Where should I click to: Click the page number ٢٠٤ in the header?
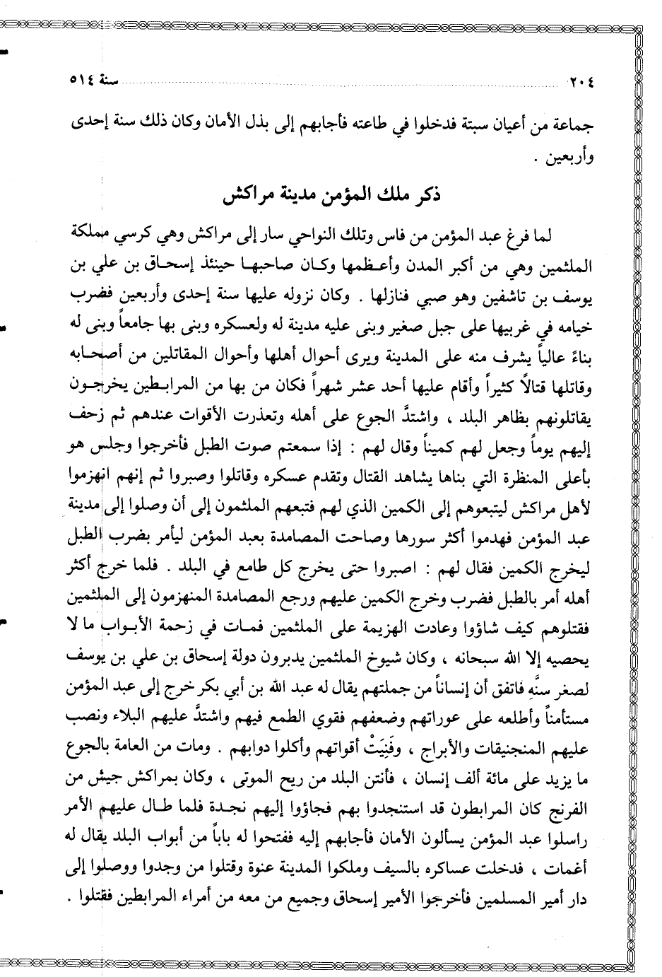pos(582,79)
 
